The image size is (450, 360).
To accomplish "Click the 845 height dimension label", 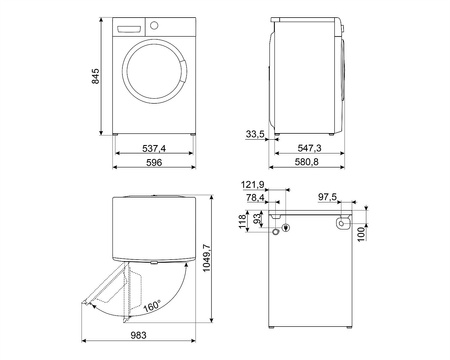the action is (x=95, y=76).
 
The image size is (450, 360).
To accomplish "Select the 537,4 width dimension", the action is (x=154, y=148).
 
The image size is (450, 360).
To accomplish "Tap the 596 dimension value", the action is (x=154, y=162).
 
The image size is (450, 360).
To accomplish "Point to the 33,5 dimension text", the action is (x=255, y=134).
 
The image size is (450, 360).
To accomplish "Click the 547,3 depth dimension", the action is (x=309, y=148).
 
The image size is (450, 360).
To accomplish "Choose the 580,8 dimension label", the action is (x=307, y=162).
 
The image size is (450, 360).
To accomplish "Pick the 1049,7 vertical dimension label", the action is (x=207, y=258).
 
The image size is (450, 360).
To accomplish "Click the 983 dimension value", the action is (x=138, y=335).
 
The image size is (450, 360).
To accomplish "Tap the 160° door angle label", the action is (x=152, y=306).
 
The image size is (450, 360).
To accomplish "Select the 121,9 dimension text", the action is (x=253, y=184).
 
